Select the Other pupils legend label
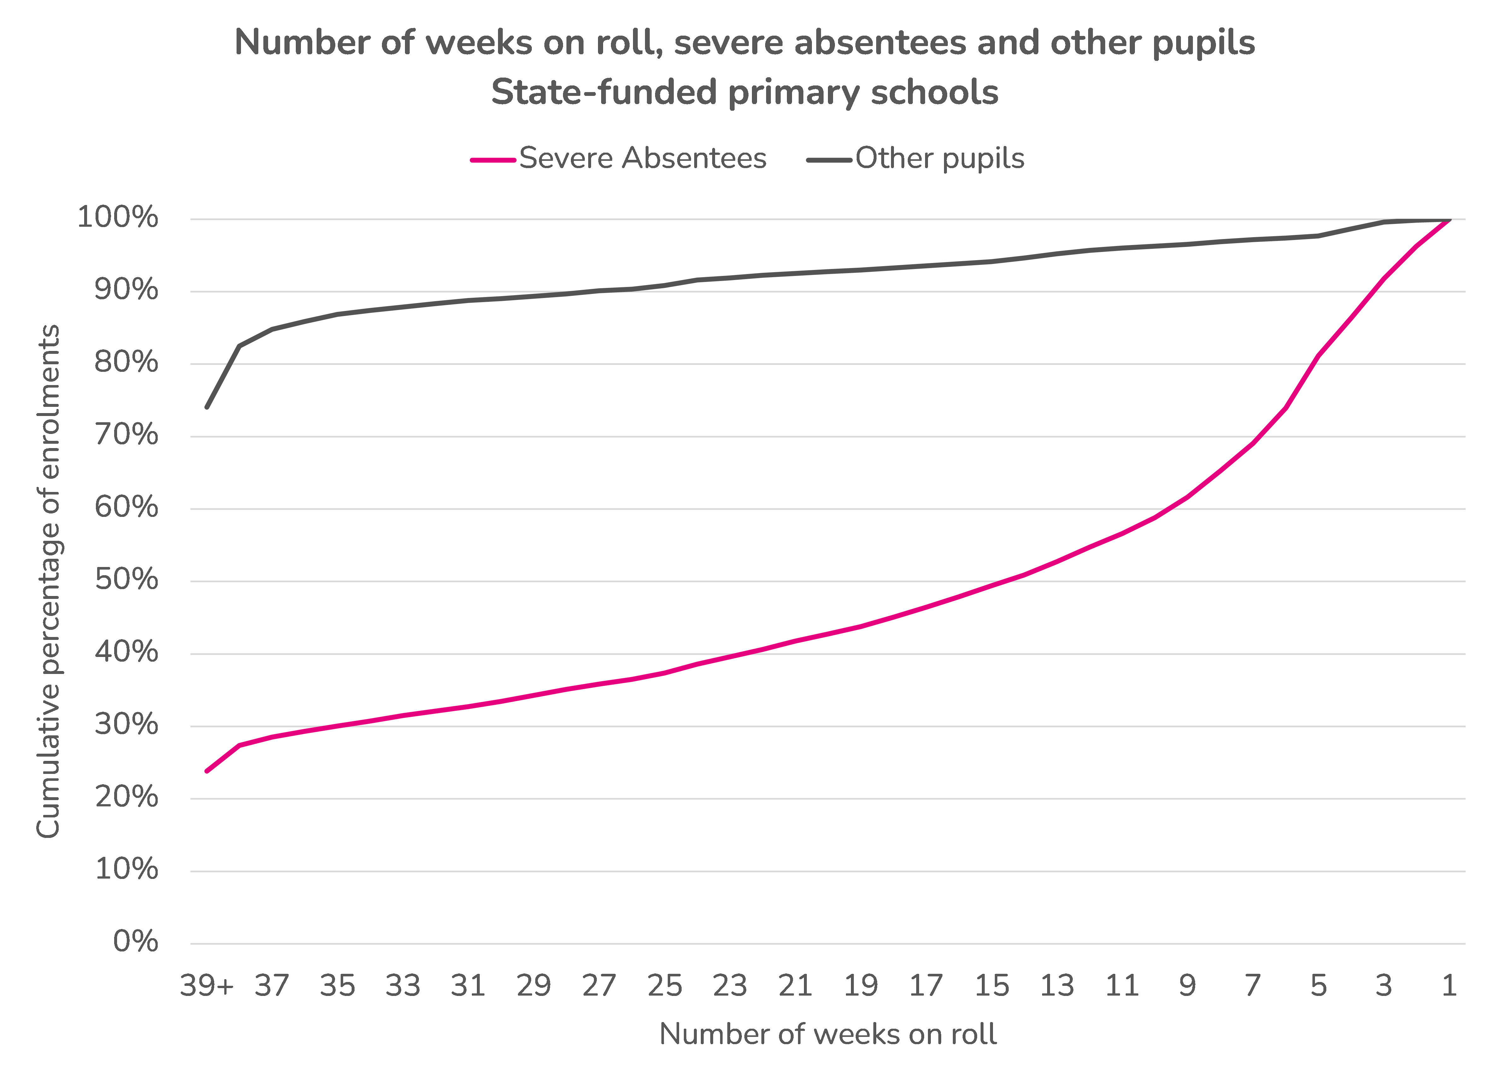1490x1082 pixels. click(940, 158)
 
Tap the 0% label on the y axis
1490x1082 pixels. click(135, 942)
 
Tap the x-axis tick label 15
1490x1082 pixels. click(991, 985)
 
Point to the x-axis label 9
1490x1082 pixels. click(1187, 985)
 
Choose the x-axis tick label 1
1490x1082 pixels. click(1449, 985)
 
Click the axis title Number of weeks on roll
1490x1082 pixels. click(828, 1034)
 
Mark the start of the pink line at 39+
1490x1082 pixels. click(207, 771)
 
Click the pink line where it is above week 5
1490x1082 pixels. click(1318, 355)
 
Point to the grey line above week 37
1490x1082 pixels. click(272, 329)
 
